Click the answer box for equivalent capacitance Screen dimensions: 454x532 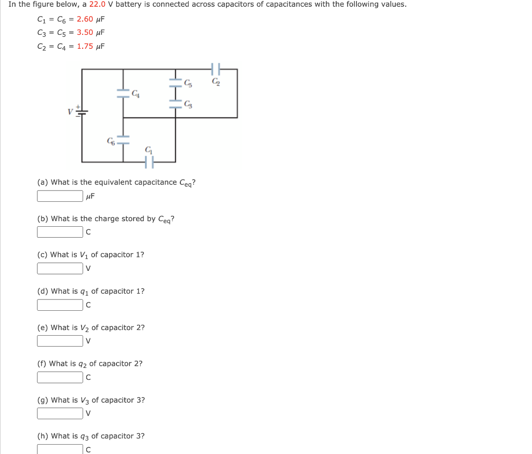60,196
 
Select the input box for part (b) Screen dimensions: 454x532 60,232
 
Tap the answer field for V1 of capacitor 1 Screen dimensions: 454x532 60,268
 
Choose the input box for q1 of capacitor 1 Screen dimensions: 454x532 60,305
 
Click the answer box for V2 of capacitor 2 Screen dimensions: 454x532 60,341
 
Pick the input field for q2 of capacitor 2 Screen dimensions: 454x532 60,377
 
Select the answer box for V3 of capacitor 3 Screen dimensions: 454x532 60,414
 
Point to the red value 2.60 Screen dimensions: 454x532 85,19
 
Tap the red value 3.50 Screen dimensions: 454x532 85,32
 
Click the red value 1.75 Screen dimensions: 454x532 85,46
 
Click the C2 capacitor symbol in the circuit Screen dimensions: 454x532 217,69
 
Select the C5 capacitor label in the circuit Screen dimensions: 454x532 188,82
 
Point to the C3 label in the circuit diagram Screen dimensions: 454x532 188,105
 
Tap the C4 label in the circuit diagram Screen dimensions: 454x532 136,94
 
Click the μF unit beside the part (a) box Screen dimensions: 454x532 90,196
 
